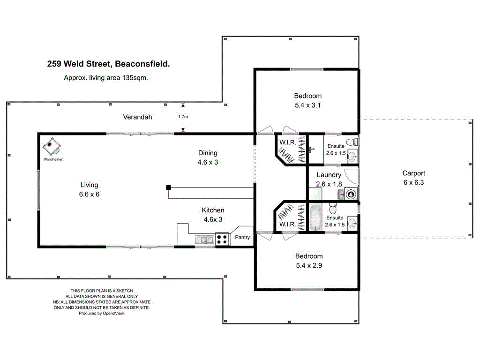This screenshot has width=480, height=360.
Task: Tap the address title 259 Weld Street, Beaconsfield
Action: pyautogui.click(x=108, y=64)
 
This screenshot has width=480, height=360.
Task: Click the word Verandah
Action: pyautogui.click(x=137, y=117)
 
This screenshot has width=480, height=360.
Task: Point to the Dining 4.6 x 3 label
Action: pyautogui.click(x=208, y=157)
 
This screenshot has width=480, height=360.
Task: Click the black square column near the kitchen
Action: pyautogui.click(x=168, y=187)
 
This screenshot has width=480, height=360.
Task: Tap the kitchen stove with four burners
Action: pyautogui.click(x=222, y=240)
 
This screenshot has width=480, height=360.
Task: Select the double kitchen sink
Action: pyautogui.click(x=205, y=240)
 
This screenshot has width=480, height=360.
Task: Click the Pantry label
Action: pyautogui.click(x=242, y=237)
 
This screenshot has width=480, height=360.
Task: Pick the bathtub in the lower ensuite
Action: pyautogui.click(x=315, y=217)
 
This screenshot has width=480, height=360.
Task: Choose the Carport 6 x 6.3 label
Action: pyautogui.click(x=414, y=178)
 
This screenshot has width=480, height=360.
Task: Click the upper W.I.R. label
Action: pyautogui.click(x=287, y=142)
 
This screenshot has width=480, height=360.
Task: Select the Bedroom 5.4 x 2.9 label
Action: pyautogui.click(x=309, y=261)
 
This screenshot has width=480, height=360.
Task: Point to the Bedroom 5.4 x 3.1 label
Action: pyautogui.click(x=308, y=101)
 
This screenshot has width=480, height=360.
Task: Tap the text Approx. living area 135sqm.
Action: pyautogui.click(x=106, y=78)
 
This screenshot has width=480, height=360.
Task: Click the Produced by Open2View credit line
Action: pyautogui.click(x=101, y=313)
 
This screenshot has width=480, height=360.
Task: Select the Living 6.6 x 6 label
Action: pyautogui.click(x=89, y=189)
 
